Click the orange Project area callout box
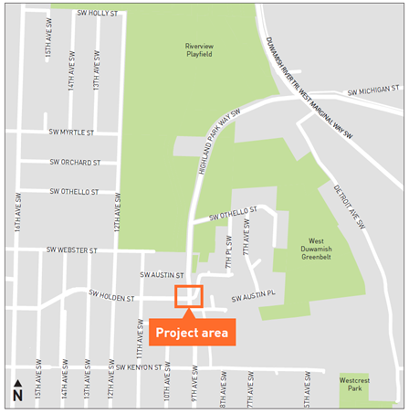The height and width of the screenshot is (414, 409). click(x=193, y=332)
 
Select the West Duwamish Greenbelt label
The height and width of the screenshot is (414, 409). click(x=329, y=250)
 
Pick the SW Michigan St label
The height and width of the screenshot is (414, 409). click(x=373, y=91)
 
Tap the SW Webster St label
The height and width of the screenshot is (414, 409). click(x=72, y=249)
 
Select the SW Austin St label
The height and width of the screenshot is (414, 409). click(x=162, y=274)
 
